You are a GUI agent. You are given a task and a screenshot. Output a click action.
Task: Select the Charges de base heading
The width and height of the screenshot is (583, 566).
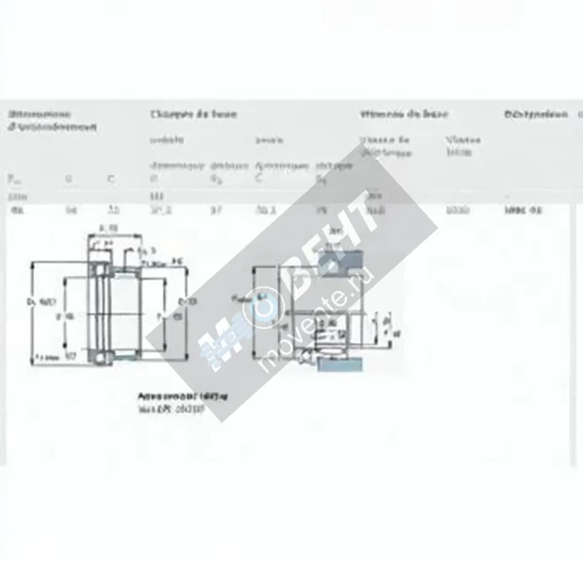pos(193,114)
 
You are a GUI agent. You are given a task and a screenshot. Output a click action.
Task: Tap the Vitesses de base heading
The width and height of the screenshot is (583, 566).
pos(403,114)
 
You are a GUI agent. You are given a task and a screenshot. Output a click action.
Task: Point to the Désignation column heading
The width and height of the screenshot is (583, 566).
pos(535,114)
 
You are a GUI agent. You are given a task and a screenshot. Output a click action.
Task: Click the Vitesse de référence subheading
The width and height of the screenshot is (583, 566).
pos(385,146)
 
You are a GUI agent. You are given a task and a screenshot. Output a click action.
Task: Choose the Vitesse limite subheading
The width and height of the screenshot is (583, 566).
pos(463,146)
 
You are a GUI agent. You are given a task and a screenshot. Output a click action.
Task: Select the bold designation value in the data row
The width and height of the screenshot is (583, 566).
pos(522,210)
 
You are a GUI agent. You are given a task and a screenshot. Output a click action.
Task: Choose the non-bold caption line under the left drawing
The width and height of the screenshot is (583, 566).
pos(170,409)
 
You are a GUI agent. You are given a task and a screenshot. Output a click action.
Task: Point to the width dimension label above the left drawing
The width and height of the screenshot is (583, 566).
pos(108,228)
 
